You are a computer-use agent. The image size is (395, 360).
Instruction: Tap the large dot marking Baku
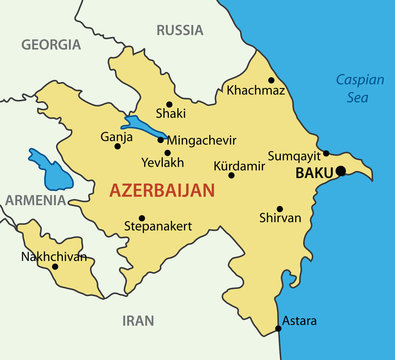340,171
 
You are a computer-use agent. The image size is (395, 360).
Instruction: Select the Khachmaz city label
256,91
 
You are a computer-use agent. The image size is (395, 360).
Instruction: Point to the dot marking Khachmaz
271,80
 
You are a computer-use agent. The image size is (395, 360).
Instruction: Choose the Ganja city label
117,136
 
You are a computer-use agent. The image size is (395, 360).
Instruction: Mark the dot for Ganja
118,147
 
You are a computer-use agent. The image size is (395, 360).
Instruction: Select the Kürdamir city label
240,165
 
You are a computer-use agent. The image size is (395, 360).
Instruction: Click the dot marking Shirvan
279,209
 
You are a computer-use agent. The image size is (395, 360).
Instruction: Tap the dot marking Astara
278,329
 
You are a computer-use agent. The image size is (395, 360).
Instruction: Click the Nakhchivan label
54,257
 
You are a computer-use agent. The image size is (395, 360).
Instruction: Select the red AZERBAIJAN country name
161,190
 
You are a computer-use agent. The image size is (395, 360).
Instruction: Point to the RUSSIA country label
180,30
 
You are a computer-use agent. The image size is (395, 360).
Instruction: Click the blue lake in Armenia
47,167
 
